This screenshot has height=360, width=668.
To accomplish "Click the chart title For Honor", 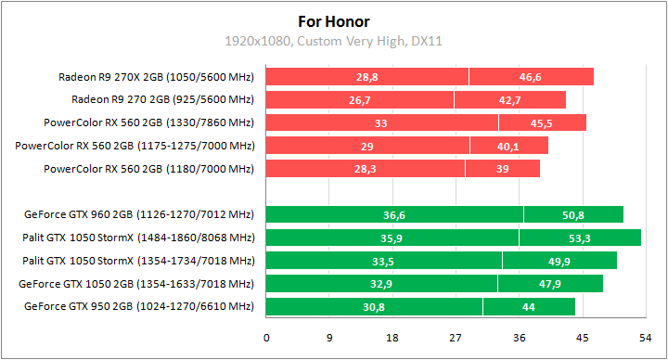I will pos(333,20).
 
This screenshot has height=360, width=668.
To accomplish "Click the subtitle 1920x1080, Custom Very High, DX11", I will pos(333,42).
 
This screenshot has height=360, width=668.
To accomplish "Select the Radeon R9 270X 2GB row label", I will pos(156,77).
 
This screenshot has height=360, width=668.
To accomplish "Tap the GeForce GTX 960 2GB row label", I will pos(139,215).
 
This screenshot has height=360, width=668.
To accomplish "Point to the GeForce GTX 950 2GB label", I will pos(139,306).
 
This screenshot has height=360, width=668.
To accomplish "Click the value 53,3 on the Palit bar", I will pos(580,238).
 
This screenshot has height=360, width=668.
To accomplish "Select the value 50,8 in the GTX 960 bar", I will pos(572,215).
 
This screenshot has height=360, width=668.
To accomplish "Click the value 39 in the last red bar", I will pos(502,169).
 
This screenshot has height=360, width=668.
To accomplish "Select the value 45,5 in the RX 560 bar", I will pos(542,122).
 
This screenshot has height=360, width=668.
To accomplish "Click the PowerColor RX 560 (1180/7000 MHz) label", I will pos(148,169).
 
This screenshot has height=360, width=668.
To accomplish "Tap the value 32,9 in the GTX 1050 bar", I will pos(381,283).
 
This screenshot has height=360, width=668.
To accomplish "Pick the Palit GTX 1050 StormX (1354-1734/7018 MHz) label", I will pos(138,261).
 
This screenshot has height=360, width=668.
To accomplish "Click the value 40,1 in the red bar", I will pos(508,146).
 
